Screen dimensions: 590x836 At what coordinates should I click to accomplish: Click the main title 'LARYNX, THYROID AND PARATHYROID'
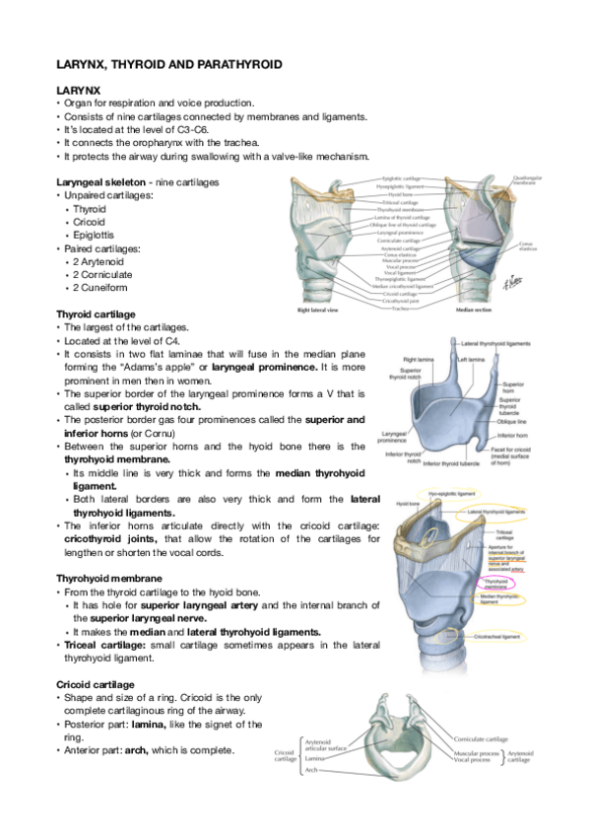point(169,64)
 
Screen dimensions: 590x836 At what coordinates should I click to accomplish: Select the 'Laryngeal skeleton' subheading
point(101,182)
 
